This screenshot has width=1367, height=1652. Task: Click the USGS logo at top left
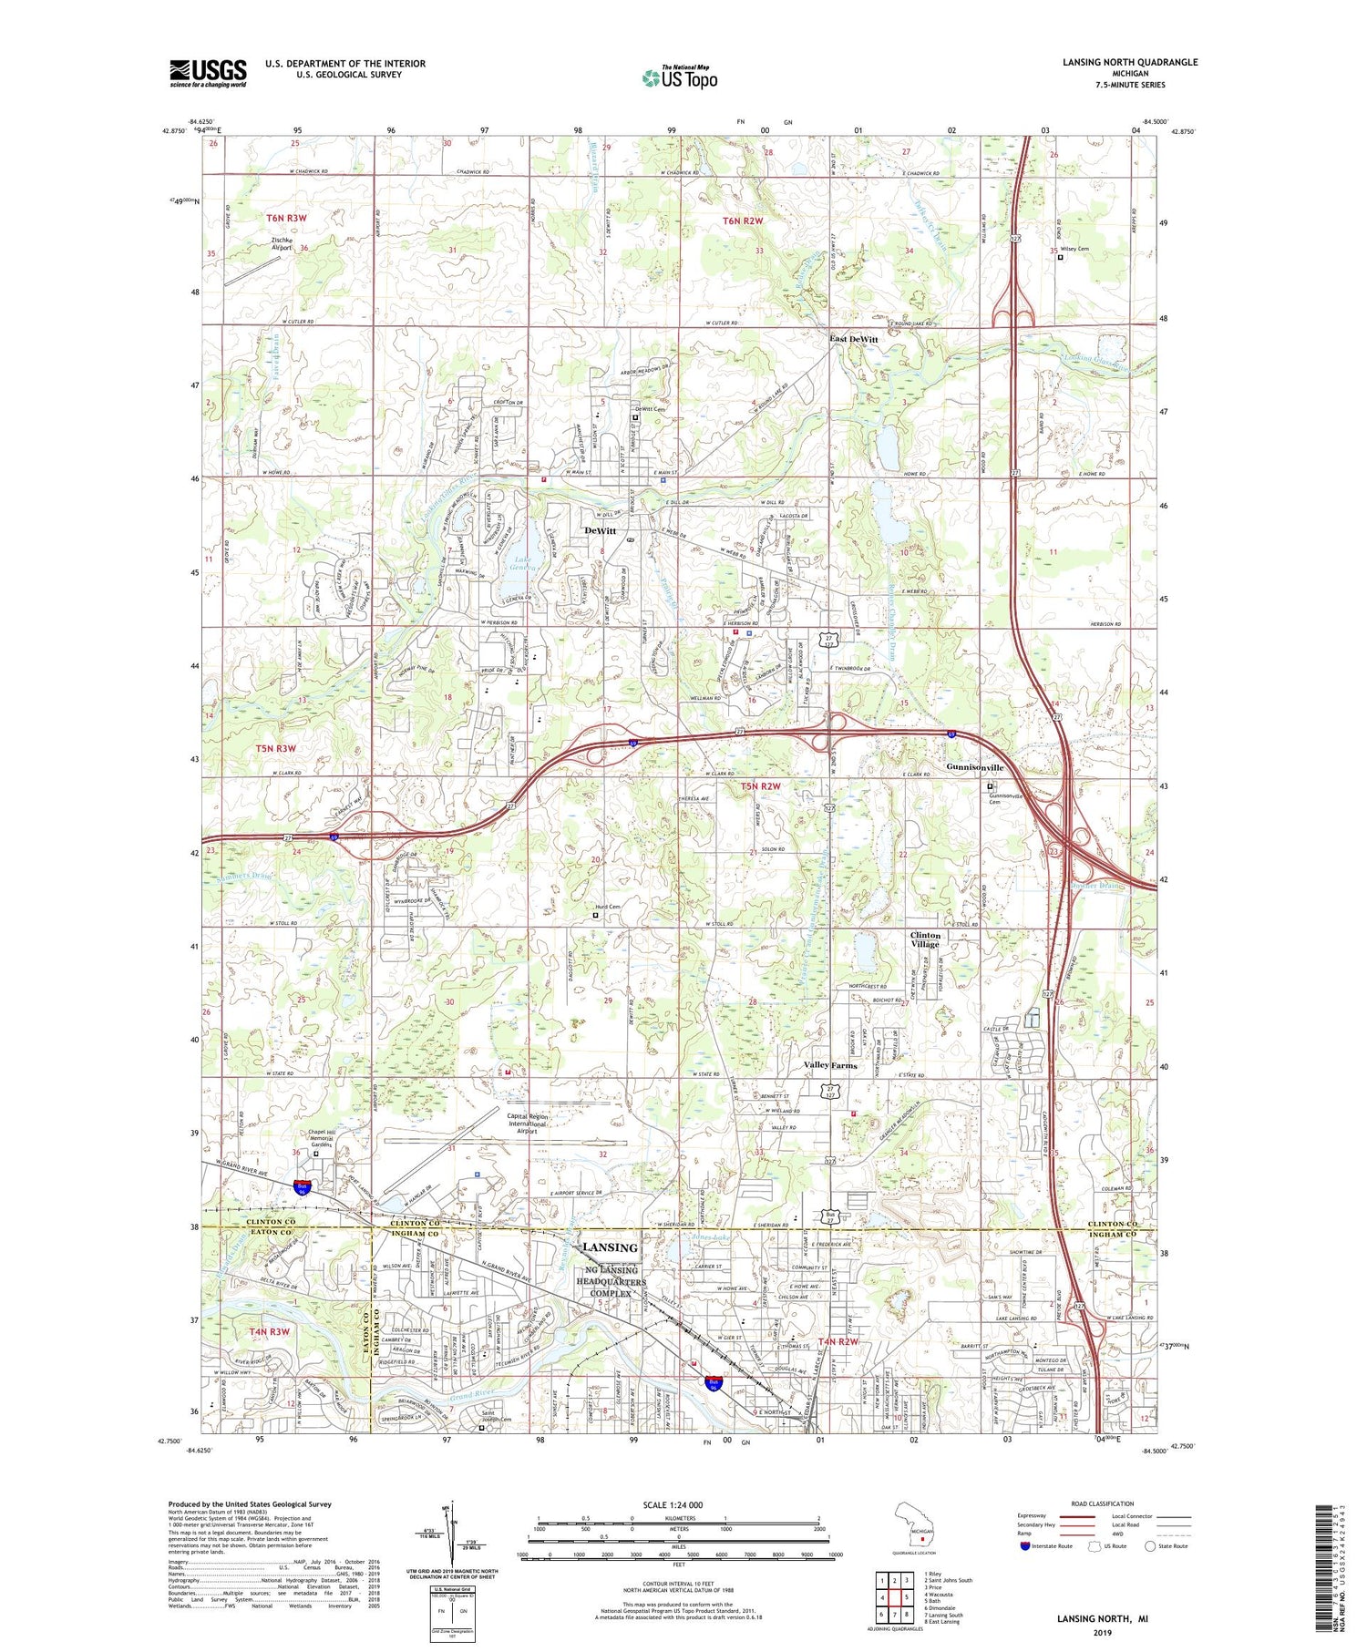point(208,73)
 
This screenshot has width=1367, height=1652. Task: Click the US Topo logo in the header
point(679,78)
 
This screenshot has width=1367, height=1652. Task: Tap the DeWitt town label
point(601,530)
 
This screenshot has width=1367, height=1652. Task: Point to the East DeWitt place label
point(853,339)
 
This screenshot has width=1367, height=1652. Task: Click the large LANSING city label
point(610,1247)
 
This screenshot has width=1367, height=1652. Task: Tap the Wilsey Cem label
point(1074,249)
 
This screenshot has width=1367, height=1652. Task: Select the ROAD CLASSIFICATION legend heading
point(1102,1503)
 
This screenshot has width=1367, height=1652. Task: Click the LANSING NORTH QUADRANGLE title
point(1129,62)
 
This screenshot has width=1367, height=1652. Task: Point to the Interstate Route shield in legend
point(1025,1546)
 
